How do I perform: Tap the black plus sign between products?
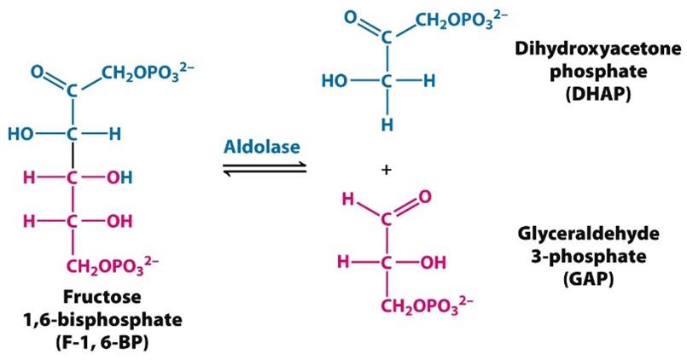coord(387,171)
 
